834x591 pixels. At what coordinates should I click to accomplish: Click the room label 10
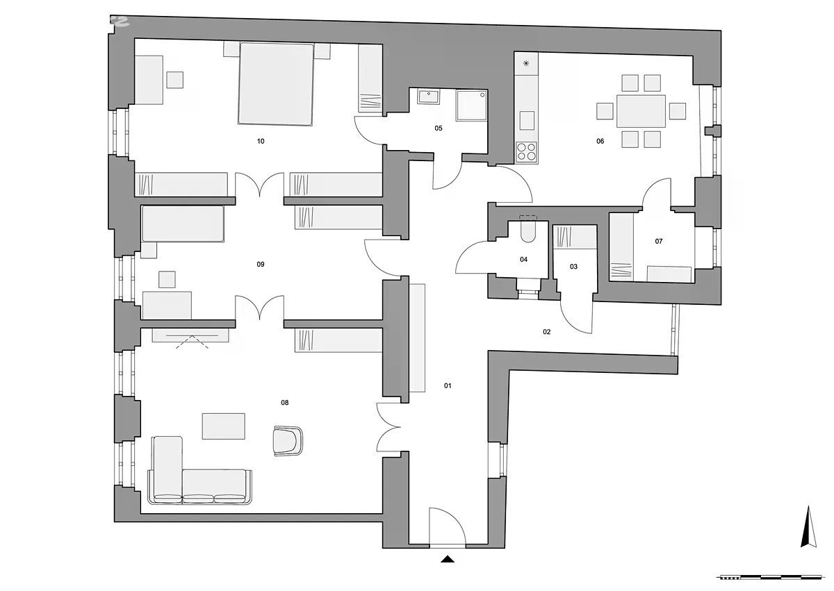tap(261, 142)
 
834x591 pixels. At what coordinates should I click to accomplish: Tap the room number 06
tap(600, 142)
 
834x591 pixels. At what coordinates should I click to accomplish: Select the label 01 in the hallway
tap(448, 385)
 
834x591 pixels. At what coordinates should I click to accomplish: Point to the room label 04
tap(523, 260)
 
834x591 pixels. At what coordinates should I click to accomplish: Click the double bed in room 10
tap(275, 84)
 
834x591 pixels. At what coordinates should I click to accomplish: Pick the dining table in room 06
tap(641, 111)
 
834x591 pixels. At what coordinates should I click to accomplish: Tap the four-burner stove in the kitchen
tap(527, 152)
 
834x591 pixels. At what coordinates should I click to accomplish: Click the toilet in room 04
tap(528, 231)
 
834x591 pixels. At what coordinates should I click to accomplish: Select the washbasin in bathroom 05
tap(428, 97)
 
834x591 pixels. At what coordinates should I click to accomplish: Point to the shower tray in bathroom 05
tap(472, 106)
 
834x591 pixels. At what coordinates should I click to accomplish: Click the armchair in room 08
tap(288, 441)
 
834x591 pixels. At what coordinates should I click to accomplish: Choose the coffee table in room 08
tap(223, 426)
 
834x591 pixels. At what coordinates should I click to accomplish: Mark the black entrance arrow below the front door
tap(448, 559)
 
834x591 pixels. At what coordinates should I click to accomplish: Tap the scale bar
tap(769, 578)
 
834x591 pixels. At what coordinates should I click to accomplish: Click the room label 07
tap(659, 242)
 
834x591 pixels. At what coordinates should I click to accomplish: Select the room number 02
tap(546, 332)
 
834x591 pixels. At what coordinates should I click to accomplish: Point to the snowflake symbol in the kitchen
tap(526, 63)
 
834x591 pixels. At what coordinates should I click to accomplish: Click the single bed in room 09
tap(183, 224)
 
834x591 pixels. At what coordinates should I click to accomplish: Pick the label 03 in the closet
tap(573, 267)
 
